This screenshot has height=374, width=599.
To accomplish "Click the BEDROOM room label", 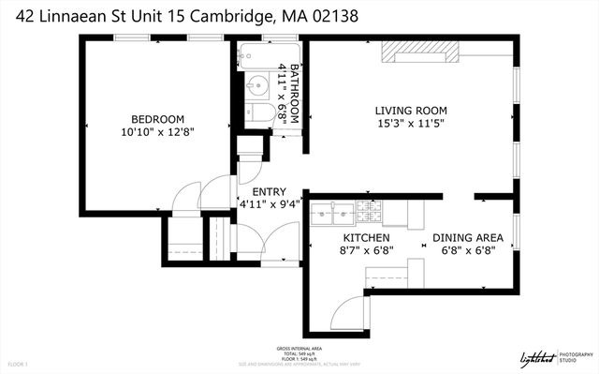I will [156, 119].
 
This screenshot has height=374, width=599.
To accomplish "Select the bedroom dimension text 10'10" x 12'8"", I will [156, 133].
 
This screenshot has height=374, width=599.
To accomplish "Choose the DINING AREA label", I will [467, 237].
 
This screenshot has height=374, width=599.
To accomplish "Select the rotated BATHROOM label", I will [293, 94].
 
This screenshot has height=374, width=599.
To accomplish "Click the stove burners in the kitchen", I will [365, 214].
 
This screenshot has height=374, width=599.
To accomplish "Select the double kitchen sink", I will [331, 214].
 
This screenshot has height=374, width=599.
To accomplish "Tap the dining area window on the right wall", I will [516, 233].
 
